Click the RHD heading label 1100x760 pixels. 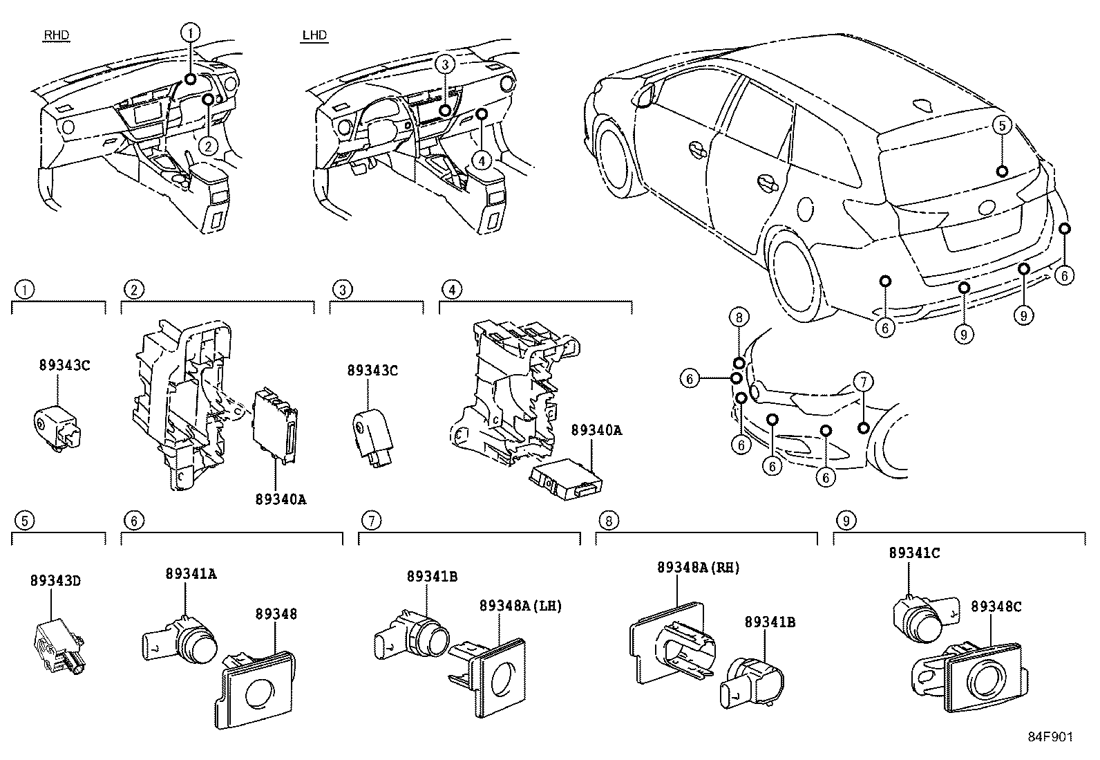(x=56, y=35)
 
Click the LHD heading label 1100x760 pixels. (x=314, y=35)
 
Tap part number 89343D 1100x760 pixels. (x=55, y=581)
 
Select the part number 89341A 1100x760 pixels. (x=191, y=573)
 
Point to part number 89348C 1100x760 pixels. (x=996, y=606)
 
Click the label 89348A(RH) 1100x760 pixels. (x=698, y=568)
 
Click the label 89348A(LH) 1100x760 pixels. (x=520, y=606)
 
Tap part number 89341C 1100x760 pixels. (x=914, y=553)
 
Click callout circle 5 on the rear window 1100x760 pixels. (x=1003, y=125)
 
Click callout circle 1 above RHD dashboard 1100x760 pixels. (x=191, y=32)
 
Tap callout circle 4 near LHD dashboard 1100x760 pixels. (x=482, y=160)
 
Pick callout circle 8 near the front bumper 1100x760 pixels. (x=739, y=317)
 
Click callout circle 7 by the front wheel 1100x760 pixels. (x=862, y=381)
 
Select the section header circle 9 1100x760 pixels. (x=845, y=520)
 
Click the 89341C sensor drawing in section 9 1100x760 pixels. (x=919, y=617)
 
